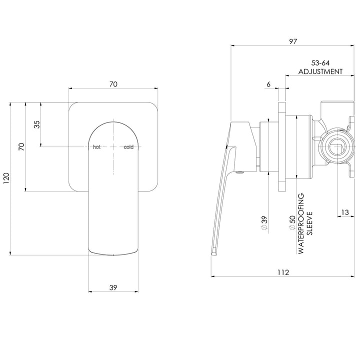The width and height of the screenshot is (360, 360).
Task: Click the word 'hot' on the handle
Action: pos(97,147)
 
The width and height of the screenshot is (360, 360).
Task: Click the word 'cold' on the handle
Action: pos(129,147)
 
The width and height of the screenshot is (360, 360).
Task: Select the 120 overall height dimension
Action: pos(5,178)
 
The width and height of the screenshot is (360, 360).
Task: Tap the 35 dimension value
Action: pos(36,124)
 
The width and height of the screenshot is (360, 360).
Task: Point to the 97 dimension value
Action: pos(292,42)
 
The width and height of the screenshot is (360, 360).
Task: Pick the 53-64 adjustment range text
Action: pos(320,63)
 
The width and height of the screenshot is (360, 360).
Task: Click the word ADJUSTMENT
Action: pos(320,71)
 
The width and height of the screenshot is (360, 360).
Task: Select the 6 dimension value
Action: pos(268,84)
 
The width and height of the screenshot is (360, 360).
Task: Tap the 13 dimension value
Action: pos(344,212)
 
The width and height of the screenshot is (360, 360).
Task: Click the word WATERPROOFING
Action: pos(301,225)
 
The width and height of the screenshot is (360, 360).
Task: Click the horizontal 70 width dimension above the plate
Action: pos(113,84)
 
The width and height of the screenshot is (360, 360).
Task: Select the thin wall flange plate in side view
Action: pos(282,147)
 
